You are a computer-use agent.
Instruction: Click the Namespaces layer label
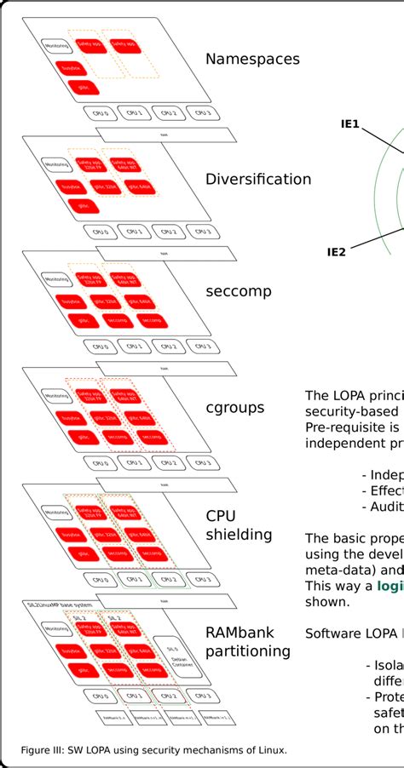[x=252, y=60]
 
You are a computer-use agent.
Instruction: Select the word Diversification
[x=258, y=179]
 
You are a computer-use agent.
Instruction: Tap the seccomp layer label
[x=238, y=291]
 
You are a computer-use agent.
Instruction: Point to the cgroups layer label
[x=234, y=408]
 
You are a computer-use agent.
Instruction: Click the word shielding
[x=239, y=535]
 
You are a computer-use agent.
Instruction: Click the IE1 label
[x=350, y=125]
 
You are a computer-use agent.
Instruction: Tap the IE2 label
[x=336, y=251]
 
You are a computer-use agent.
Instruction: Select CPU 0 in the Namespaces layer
[x=100, y=112]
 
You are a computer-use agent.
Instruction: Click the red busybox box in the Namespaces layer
[x=71, y=66]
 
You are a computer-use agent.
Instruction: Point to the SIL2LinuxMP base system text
[x=52, y=606]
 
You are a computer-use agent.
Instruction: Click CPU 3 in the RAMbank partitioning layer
[x=202, y=696]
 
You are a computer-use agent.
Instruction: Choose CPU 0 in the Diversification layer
[x=100, y=231]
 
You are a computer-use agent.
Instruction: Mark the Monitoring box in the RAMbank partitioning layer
[x=57, y=629]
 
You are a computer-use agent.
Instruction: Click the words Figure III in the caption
[x=43, y=750]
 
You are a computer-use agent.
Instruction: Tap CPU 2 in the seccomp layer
[x=168, y=347]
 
